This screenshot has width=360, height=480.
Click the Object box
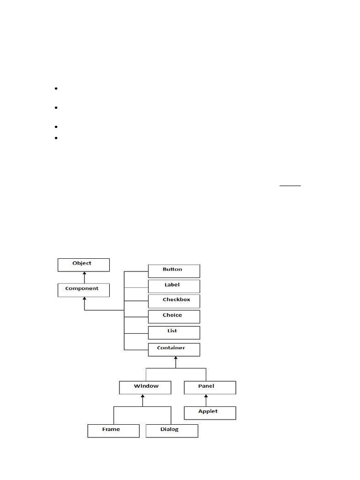[x=83, y=264]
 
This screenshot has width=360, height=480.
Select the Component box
[x=83, y=290]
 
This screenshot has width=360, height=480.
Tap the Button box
[x=174, y=270]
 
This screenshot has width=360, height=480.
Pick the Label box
[x=174, y=286]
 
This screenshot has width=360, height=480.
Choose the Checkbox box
[x=174, y=301]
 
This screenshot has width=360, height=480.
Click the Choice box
[x=174, y=316]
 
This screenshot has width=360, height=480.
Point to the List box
[x=174, y=332]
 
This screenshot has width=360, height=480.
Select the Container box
[x=174, y=349]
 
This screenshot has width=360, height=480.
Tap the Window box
[x=146, y=388]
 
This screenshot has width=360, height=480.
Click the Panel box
[x=210, y=388]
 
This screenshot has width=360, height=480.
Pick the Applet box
[x=210, y=412]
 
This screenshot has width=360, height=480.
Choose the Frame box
[x=113, y=430]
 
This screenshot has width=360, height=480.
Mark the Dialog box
[x=172, y=430]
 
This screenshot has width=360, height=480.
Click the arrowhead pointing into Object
[x=84, y=274]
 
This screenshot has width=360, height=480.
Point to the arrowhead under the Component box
[x=84, y=300]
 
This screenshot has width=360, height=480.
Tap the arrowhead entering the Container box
[x=176, y=359]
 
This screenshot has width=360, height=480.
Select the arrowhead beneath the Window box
[x=142, y=397]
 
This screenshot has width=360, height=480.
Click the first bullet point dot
[x=55, y=89]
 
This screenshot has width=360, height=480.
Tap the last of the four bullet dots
[x=55, y=138]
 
